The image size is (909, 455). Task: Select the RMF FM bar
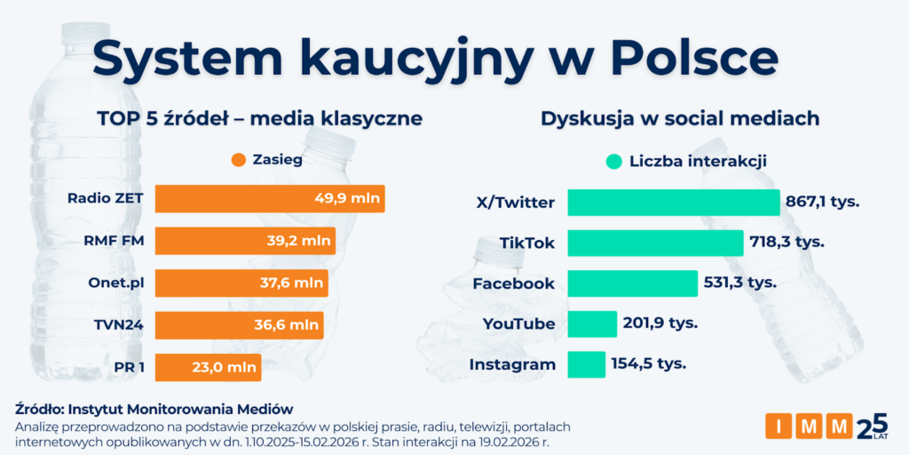[x=245, y=240]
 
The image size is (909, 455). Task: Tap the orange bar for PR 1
[x=208, y=367]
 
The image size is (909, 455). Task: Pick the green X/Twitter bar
[x=673, y=202]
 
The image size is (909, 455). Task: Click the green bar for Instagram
[x=586, y=364]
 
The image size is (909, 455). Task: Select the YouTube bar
[x=591, y=323]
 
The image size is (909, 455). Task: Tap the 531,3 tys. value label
[x=739, y=283]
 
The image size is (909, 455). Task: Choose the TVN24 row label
[x=119, y=324]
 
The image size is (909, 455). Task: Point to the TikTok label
[x=526, y=243]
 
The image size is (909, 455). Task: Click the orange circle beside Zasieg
[x=237, y=161]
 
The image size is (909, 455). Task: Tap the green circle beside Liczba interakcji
[x=613, y=161]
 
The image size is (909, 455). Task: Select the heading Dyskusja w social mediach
[x=679, y=118]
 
